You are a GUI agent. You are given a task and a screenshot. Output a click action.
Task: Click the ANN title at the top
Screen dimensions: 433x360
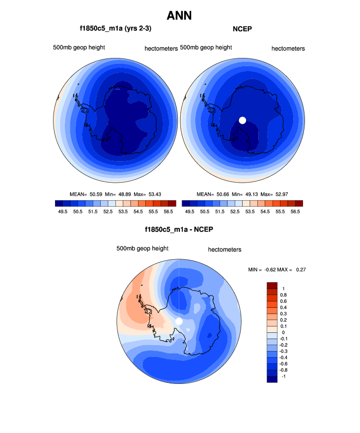pyautogui.click(x=179, y=16)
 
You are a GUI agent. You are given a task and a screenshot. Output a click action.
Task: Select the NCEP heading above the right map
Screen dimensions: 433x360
pyautogui.click(x=242, y=29)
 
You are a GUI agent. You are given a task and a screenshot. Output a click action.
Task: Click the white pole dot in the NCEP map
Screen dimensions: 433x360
pyautogui.click(x=242, y=120)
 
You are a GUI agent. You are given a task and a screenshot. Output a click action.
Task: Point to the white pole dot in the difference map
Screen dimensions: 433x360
pyautogui.click(x=179, y=321)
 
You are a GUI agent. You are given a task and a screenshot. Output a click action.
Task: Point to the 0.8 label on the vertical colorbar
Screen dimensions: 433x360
pyautogui.click(x=283, y=295)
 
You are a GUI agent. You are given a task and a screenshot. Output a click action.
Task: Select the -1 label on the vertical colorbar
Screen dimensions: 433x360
pyautogui.click(x=283, y=376)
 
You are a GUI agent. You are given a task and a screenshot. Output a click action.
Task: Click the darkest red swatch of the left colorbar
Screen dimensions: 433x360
pyautogui.click(x=172, y=203)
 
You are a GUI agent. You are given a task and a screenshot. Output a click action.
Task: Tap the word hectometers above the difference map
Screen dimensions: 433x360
pyautogui.click(x=224, y=249)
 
